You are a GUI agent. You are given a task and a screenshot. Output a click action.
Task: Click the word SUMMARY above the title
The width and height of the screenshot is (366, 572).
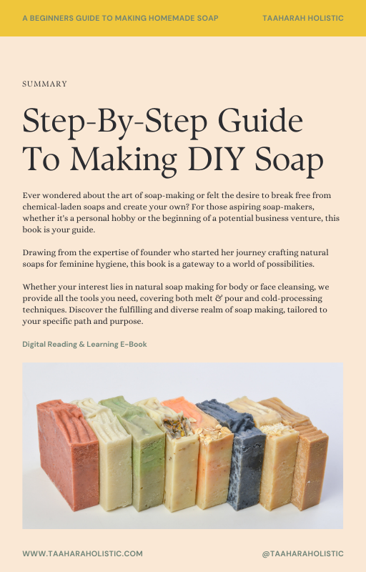(x=44, y=84)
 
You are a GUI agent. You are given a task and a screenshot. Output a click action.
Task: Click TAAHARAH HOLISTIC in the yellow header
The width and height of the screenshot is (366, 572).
(x=302, y=18)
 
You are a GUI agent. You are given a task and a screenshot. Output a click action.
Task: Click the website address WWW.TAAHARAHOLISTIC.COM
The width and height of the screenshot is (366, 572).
(x=82, y=553)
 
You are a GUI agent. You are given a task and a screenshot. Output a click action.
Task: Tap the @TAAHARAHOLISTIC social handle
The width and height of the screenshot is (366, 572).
(x=302, y=553)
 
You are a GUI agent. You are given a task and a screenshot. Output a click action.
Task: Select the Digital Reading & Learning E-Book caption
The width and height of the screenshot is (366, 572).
(x=84, y=344)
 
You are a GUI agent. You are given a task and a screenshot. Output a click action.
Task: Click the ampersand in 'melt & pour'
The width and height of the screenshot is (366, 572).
(x=218, y=298)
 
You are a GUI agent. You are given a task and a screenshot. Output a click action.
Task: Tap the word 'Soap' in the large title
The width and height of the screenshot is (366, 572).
(x=289, y=160)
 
